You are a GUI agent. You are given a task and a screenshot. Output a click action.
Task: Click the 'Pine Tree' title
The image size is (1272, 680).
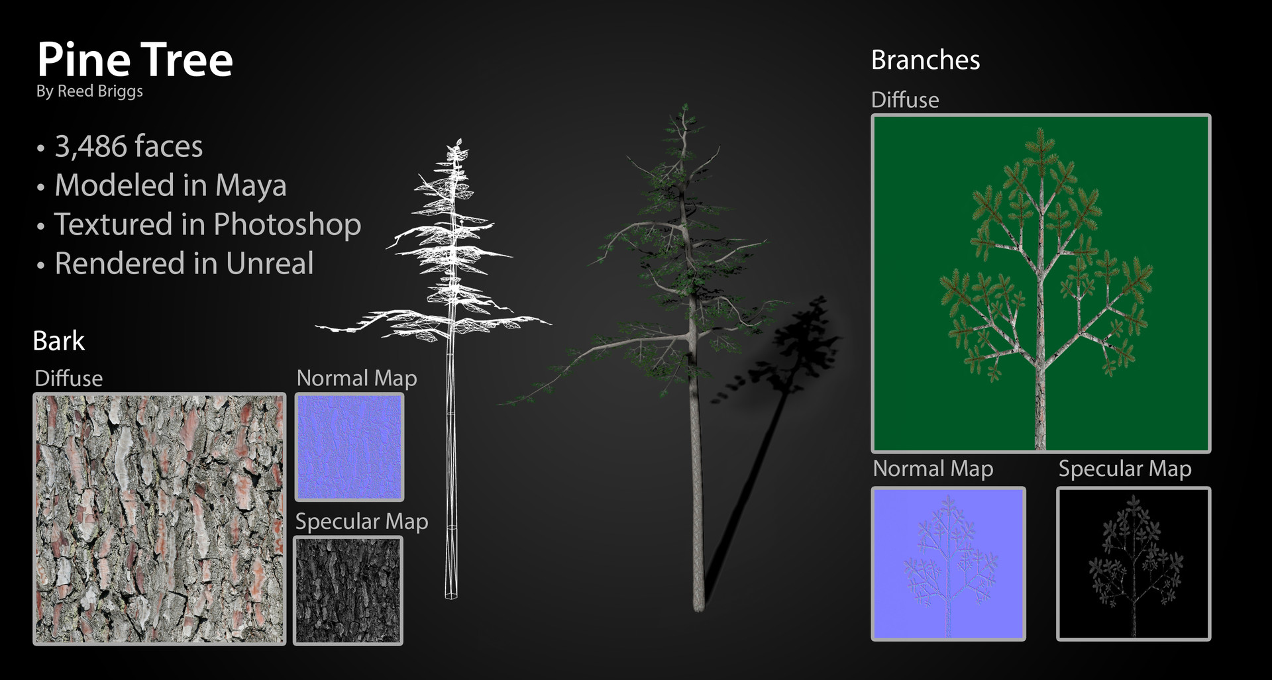click(x=134, y=60)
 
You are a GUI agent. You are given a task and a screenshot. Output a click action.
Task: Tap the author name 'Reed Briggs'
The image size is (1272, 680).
click(x=100, y=91)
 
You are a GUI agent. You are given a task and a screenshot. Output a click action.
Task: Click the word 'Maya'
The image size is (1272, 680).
click(x=250, y=185)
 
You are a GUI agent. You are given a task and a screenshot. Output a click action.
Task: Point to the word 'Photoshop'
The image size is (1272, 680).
click(x=287, y=224)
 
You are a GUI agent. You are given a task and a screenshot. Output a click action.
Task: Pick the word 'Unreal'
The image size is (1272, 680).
click(x=270, y=264)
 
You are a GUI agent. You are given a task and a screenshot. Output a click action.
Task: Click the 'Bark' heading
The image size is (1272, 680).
click(x=59, y=341)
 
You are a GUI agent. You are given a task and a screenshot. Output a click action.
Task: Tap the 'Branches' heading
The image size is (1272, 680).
click(x=925, y=60)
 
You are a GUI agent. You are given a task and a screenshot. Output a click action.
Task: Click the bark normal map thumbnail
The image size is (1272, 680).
click(x=349, y=447)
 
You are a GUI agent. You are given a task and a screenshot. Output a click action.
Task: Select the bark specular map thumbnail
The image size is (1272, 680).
click(x=348, y=590)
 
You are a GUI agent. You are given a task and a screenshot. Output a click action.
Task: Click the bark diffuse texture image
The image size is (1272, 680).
click(x=160, y=519)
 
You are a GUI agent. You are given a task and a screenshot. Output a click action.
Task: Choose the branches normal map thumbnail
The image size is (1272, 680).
click(x=948, y=563)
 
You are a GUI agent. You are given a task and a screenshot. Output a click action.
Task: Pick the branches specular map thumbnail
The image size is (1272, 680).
click(x=1133, y=563)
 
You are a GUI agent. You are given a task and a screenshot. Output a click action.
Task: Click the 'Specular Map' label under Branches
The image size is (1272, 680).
click(x=1124, y=469)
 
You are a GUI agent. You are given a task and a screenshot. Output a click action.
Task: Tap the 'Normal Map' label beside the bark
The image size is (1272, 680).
click(x=356, y=378)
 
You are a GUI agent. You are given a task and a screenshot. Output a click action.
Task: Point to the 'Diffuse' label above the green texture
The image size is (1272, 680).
click(x=904, y=100)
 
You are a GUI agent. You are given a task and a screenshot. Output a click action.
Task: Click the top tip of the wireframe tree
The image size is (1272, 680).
click(x=456, y=143)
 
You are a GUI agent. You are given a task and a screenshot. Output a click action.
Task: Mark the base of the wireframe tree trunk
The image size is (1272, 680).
click(x=450, y=595)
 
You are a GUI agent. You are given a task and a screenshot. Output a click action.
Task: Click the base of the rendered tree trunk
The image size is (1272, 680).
click(x=698, y=606)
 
